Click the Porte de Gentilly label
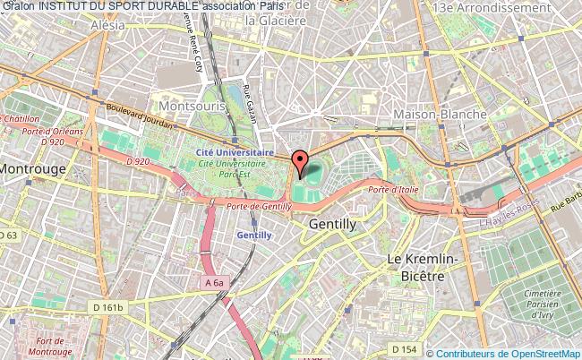pos(259,207)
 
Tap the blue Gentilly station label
pos(253,235)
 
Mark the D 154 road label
pos(404,347)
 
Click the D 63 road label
pos(8,236)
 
